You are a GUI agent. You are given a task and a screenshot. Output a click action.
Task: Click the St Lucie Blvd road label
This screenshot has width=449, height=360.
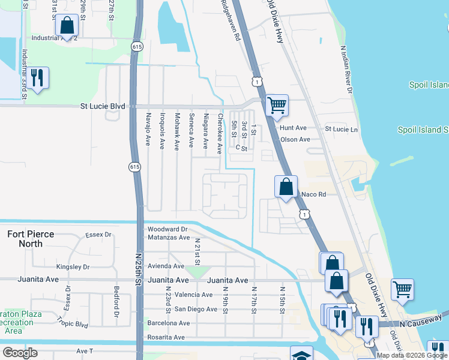[x=103, y=106]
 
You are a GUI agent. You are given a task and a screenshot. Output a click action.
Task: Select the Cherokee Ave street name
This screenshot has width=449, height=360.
[x=220, y=133]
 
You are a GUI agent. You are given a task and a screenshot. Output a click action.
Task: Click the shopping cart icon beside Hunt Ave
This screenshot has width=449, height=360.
[x=277, y=106]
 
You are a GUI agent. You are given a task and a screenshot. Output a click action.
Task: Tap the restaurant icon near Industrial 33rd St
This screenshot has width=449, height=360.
[x=38, y=78]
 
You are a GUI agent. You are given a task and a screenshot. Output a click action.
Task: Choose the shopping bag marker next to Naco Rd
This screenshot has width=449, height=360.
[x=286, y=187]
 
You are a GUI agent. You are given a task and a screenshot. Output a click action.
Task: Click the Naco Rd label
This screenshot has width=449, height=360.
[x=313, y=194]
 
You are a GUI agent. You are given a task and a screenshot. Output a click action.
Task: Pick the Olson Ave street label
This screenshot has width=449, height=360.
[x=295, y=140]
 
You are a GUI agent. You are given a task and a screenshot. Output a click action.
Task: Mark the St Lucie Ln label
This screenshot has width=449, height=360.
[x=341, y=129]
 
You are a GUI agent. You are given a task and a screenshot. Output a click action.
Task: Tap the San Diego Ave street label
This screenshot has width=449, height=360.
[x=196, y=309]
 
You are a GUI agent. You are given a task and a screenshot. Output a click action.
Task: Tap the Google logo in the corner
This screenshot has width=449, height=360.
[x=20, y=353]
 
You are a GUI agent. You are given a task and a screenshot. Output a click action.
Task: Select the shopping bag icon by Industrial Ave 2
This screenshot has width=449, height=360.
[x=67, y=26]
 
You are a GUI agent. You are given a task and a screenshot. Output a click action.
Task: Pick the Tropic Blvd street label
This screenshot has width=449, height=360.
[x=73, y=325]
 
